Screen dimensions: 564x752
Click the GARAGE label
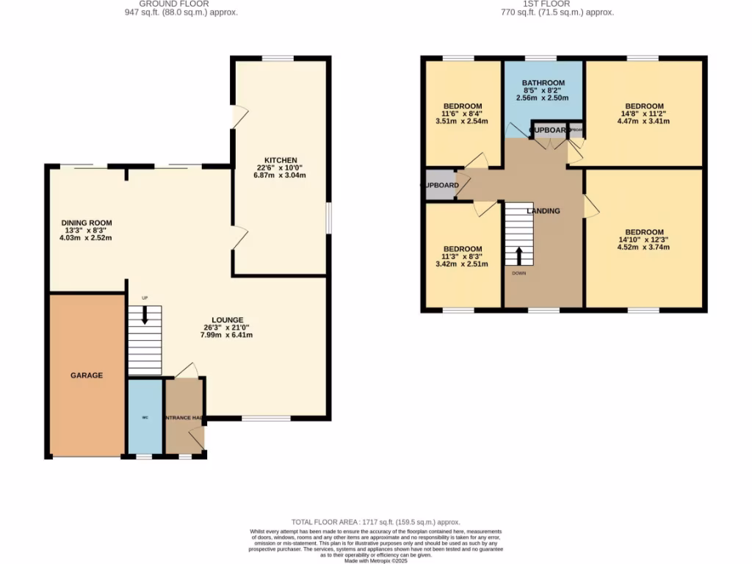[x=87, y=375]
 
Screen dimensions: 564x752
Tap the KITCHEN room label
[x=281, y=160]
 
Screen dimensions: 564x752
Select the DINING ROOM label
[x=87, y=223]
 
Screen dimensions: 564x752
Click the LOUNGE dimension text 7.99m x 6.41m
[x=228, y=335]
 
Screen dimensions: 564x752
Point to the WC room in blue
[x=145, y=416]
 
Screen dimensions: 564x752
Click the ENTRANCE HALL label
[x=184, y=418]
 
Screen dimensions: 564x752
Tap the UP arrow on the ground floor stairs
[x=145, y=314]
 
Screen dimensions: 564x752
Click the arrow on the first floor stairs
[x=519, y=256]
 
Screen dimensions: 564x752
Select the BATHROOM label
[x=543, y=83]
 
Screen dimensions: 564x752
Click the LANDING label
[x=543, y=211]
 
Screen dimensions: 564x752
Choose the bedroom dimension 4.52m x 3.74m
[x=644, y=247]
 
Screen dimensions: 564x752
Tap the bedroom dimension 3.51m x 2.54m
[x=462, y=122]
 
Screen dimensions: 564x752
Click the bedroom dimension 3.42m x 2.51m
[x=462, y=264]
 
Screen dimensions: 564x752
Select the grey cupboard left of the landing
[x=438, y=186]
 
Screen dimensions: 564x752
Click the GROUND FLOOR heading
[x=181, y=4]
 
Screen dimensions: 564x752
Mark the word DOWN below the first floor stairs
[x=519, y=273]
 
